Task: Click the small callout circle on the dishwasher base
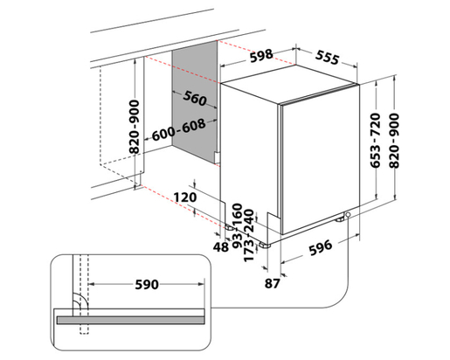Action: click(349, 216)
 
